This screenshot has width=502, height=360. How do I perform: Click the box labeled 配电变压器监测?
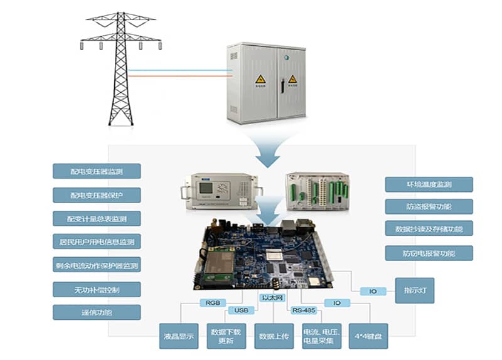97,171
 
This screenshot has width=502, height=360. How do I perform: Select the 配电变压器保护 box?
97,194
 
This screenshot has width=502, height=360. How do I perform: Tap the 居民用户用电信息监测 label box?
97,241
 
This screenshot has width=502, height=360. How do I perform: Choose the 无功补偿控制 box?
97,289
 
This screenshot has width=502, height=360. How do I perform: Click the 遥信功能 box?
97,312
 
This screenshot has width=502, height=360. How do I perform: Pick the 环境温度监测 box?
429,184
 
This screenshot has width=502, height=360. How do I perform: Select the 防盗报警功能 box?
429,206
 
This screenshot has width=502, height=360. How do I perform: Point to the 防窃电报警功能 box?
429,253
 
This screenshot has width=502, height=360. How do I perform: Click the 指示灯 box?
414,290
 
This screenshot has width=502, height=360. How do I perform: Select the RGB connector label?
211,302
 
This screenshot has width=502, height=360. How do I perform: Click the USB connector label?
241,310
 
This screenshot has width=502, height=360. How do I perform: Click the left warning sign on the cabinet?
260,80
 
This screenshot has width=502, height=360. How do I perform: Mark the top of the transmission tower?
120,14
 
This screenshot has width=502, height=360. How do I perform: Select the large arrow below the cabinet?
268,151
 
